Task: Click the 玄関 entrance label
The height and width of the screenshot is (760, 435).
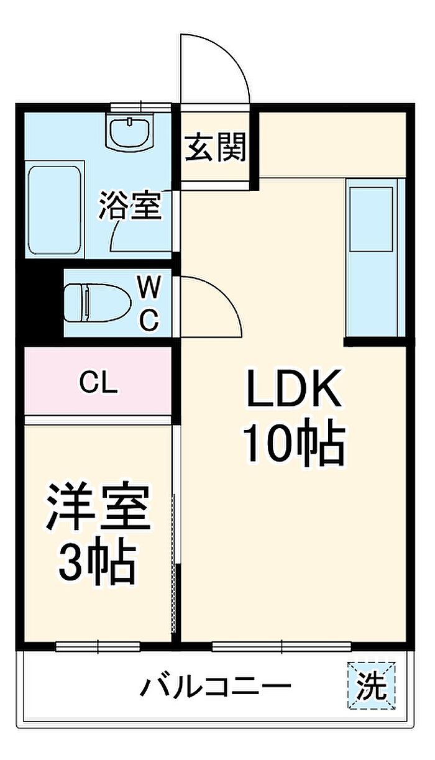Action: [215, 148]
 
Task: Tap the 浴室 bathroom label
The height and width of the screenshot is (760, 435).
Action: [130, 205]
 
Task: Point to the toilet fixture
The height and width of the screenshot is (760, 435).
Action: [98, 303]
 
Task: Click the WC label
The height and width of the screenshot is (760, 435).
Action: [149, 303]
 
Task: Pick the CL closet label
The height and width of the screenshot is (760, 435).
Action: [98, 383]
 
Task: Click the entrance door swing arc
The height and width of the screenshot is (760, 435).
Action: [231, 53]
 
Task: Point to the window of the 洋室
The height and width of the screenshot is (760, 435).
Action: [98, 647]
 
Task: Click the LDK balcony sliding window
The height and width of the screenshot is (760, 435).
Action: [282, 647]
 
